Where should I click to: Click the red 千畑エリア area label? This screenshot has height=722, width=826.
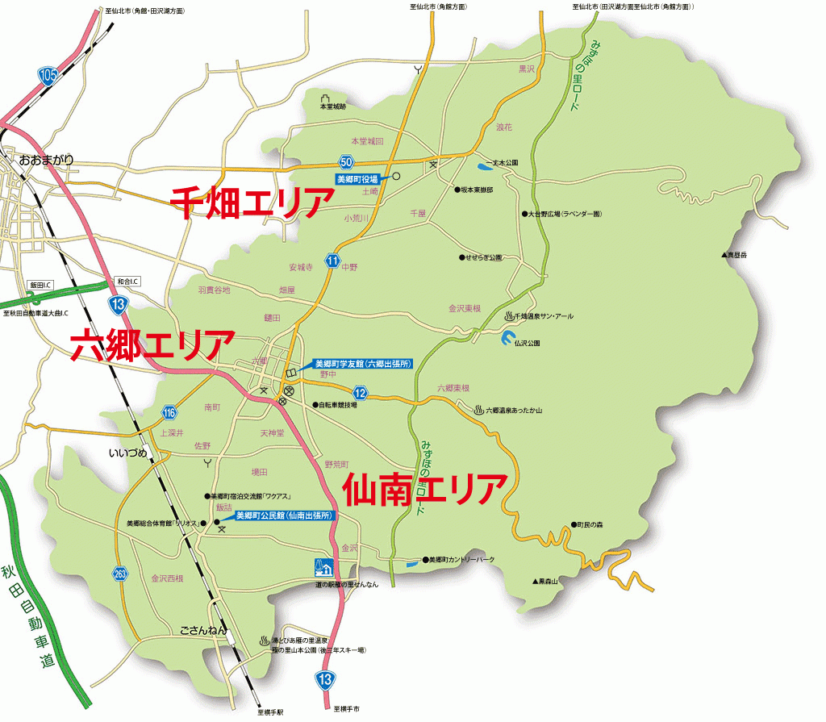(247, 202)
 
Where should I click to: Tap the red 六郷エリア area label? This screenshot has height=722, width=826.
(152, 344)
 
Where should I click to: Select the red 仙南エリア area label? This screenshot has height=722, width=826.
(425, 490)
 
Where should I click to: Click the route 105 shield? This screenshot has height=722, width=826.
(48, 77)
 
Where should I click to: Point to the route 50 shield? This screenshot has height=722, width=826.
(347, 164)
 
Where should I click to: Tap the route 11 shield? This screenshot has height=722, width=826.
(333, 260)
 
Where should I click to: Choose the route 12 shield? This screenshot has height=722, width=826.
(361, 393)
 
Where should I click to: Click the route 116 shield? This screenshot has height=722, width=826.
(169, 413)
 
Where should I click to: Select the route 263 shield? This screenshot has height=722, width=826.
(120, 574)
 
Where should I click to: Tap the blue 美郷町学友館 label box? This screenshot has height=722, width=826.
(363, 364)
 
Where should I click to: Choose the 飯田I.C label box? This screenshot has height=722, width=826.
(40, 285)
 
